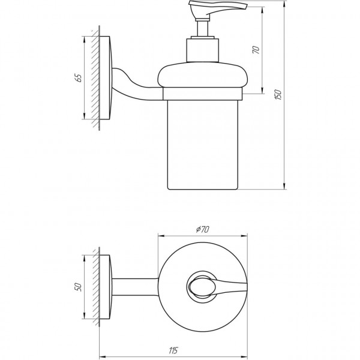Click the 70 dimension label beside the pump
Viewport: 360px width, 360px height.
pos(256,50)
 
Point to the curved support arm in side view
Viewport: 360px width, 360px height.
pos(140,84)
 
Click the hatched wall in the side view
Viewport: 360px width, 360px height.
pos(92,78)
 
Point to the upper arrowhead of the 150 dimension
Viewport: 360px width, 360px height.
pos(283,5)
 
